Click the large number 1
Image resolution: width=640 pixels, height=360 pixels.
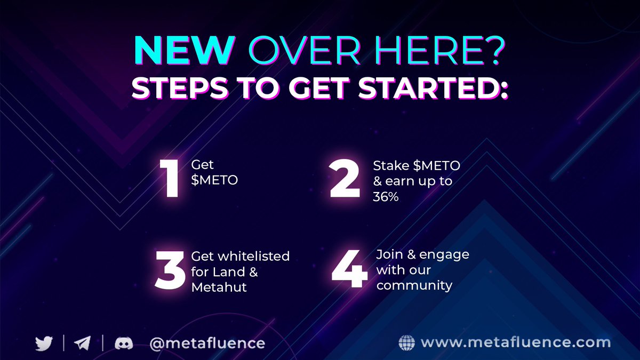coord(170,179)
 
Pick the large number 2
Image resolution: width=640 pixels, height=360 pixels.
coord(346,179)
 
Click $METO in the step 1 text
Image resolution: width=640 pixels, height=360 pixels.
coord(214,180)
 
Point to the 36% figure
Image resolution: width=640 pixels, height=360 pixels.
coord(386,197)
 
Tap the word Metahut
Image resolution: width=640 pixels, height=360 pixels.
coord(219,287)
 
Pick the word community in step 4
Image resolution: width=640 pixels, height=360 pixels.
coord(414,285)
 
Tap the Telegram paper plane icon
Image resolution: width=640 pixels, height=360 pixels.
coord(82,343)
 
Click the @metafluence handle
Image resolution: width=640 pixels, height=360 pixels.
coord(207,343)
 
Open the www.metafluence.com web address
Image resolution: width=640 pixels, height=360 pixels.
coord(515,342)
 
